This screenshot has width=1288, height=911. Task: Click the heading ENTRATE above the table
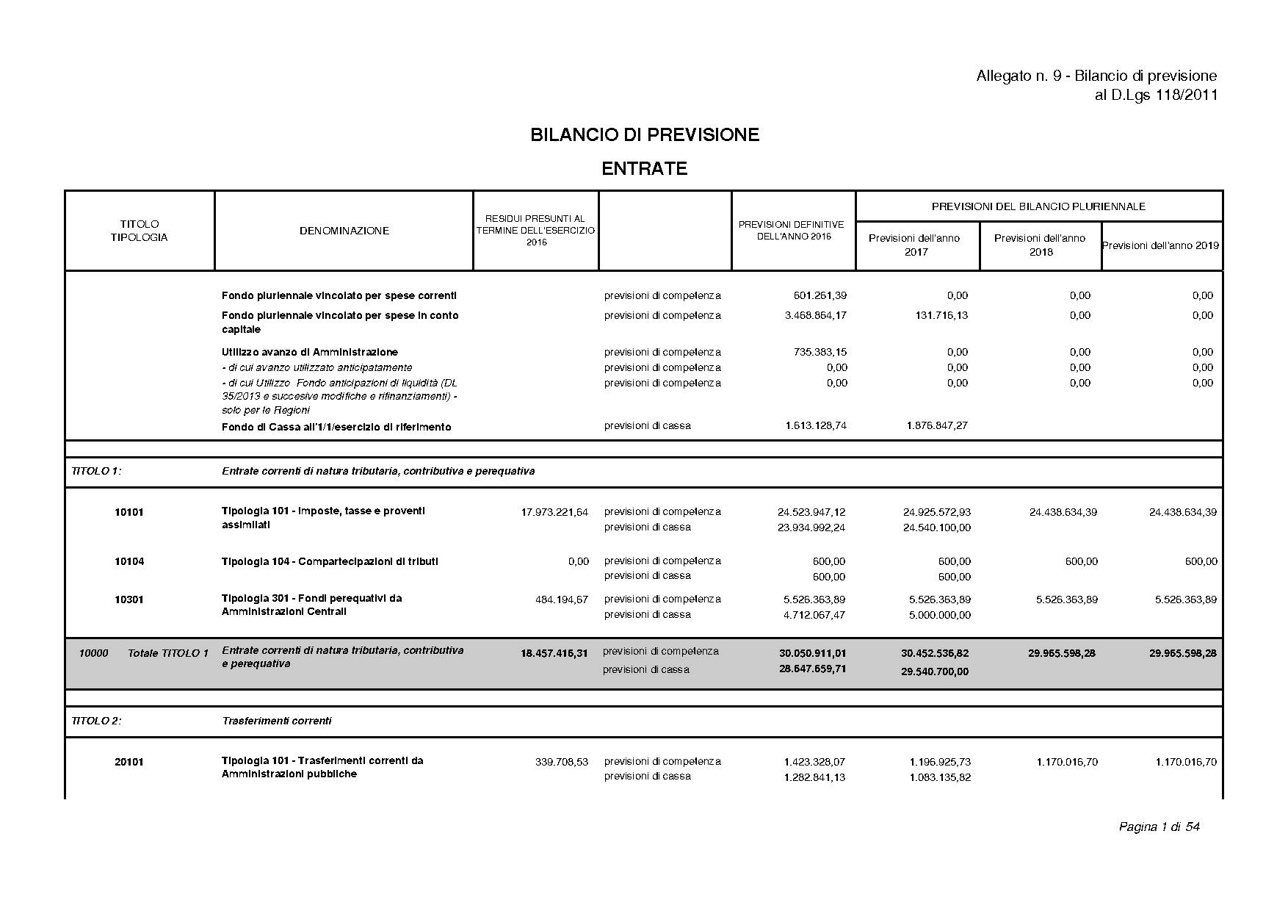pyautogui.click(x=644, y=169)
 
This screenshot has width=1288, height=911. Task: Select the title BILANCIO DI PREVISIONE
pyautogui.click(x=644, y=135)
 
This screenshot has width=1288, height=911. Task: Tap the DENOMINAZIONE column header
pyautogui.click(x=344, y=231)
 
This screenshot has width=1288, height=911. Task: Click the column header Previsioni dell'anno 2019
pyautogui.click(x=1160, y=245)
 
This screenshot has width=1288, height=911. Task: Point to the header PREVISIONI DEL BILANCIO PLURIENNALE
pyautogui.click(x=1038, y=206)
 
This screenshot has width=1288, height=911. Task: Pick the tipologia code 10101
pyautogui.click(x=129, y=512)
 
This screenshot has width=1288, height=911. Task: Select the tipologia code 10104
pyautogui.click(x=129, y=562)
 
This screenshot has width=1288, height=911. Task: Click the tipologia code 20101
pyautogui.click(x=129, y=762)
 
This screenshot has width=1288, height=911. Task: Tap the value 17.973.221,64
pyautogui.click(x=554, y=512)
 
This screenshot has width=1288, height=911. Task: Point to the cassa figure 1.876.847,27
pyautogui.click(x=936, y=425)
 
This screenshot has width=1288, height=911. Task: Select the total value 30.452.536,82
pyautogui.click(x=935, y=653)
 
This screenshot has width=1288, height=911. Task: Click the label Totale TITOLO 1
pyautogui.click(x=168, y=653)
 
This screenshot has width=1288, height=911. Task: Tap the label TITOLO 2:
pyautogui.click(x=96, y=721)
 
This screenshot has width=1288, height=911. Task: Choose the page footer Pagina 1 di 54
pyautogui.click(x=1159, y=827)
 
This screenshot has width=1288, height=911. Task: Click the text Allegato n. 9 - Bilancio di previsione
pyautogui.click(x=1096, y=76)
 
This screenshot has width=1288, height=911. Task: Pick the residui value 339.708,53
pyautogui.click(x=562, y=762)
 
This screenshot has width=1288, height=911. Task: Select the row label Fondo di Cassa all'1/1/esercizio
pyautogui.click(x=336, y=427)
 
